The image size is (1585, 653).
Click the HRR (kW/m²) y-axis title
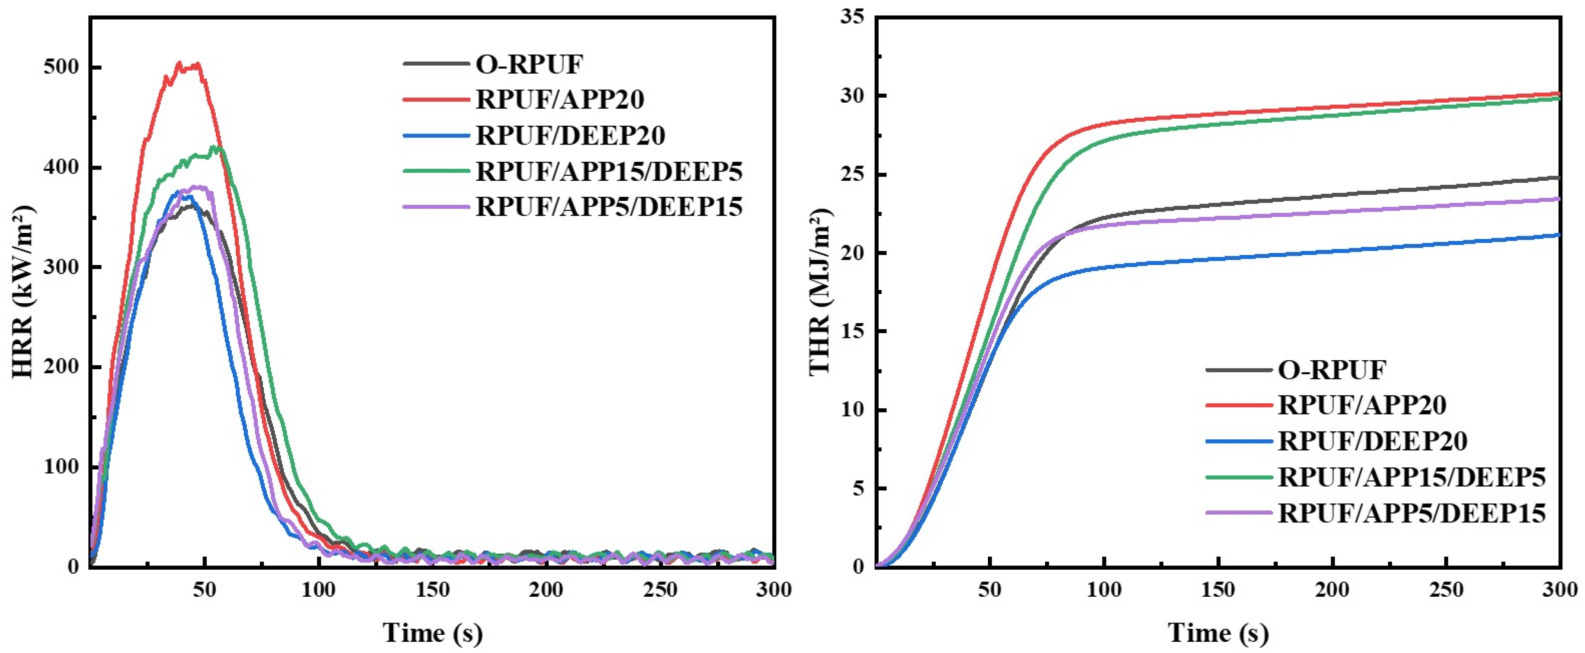pyautogui.click(x=23, y=292)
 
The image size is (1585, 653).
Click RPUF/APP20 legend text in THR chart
pyautogui.click(x=1361, y=405)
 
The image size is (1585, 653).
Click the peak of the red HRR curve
pyautogui.click(x=180, y=63)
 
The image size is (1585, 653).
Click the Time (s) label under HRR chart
pyautogui.click(x=433, y=633)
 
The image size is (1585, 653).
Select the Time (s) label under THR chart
pyautogui.click(x=1218, y=633)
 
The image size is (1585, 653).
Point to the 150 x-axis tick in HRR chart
pyautogui.click(x=433, y=590)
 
